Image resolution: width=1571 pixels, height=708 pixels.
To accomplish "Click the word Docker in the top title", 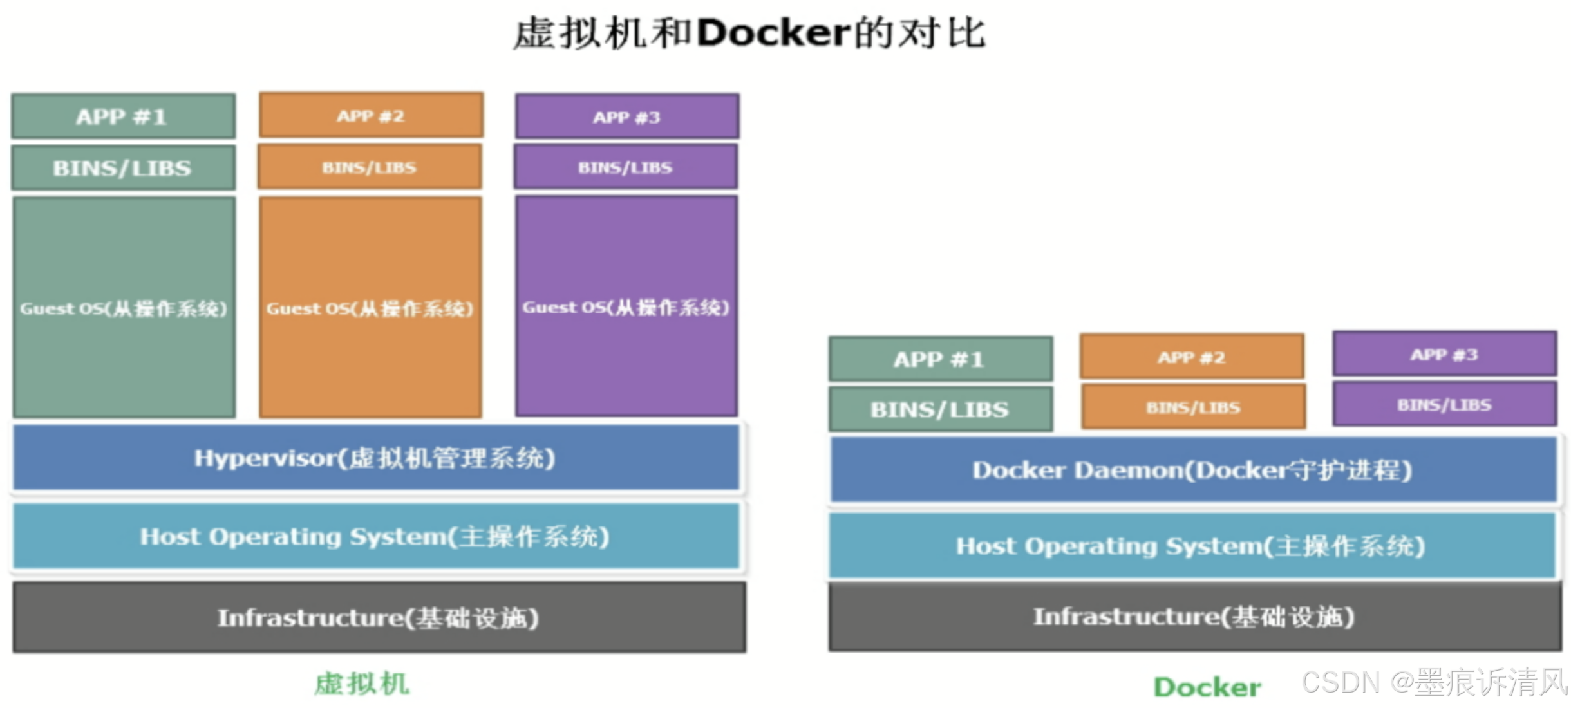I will (773, 32).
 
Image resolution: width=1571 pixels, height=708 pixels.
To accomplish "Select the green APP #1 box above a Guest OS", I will (123, 116).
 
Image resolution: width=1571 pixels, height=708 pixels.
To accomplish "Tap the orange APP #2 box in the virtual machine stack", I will (371, 116).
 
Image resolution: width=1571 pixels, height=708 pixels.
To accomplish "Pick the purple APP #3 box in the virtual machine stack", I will (626, 117).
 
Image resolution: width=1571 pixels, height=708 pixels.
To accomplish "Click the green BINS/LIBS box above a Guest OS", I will (123, 168).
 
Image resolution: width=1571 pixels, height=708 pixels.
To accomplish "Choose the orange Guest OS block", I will (370, 308).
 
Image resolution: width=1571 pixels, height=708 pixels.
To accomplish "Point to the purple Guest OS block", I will (626, 306).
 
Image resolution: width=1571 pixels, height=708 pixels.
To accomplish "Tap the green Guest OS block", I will (124, 308).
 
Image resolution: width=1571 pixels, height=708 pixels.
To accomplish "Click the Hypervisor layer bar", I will (376, 458).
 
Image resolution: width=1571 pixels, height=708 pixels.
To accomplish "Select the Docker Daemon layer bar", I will (1192, 470).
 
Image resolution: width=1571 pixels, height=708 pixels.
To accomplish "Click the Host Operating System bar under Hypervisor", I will (376, 537).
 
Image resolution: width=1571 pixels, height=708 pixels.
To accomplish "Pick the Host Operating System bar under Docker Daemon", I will (1191, 546).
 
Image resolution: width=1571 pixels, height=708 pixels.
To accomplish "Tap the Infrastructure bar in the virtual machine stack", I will (379, 618).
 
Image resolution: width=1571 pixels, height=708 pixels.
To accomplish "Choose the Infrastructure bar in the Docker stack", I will (1194, 617).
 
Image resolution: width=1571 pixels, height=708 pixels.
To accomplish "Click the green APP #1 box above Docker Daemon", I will (940, 359).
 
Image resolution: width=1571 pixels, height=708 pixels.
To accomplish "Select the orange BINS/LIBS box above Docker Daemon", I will (1193, 407).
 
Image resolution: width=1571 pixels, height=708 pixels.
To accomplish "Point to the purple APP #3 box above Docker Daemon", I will (1444, 355).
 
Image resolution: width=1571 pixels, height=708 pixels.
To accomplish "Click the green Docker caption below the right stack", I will (1207, 687).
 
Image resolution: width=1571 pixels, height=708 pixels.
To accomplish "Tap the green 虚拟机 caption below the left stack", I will (362, 684).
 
